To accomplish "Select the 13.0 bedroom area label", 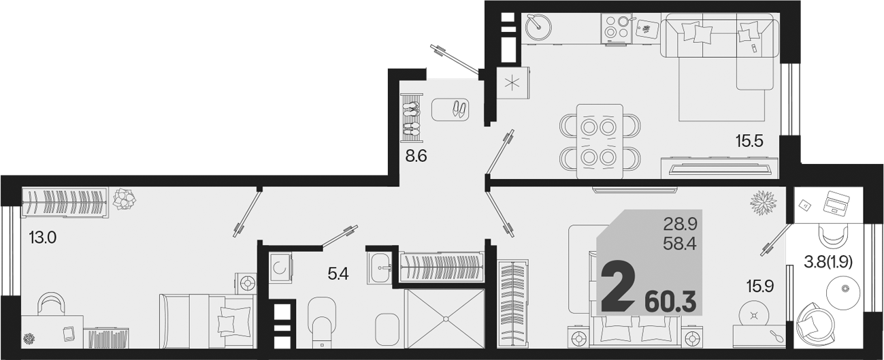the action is [x=43, y=238].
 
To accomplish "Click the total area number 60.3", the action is [x=670, y=302].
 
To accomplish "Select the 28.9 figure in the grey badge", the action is [x=681, y=225].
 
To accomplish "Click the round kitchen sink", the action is [x=538, y=26].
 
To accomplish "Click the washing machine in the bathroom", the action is [x=280, y=267].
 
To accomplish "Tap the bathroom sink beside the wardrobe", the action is [x=380, y=267].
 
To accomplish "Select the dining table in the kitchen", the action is [x=600, y=142].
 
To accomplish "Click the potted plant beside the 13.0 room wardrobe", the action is [x=125, y=198].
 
